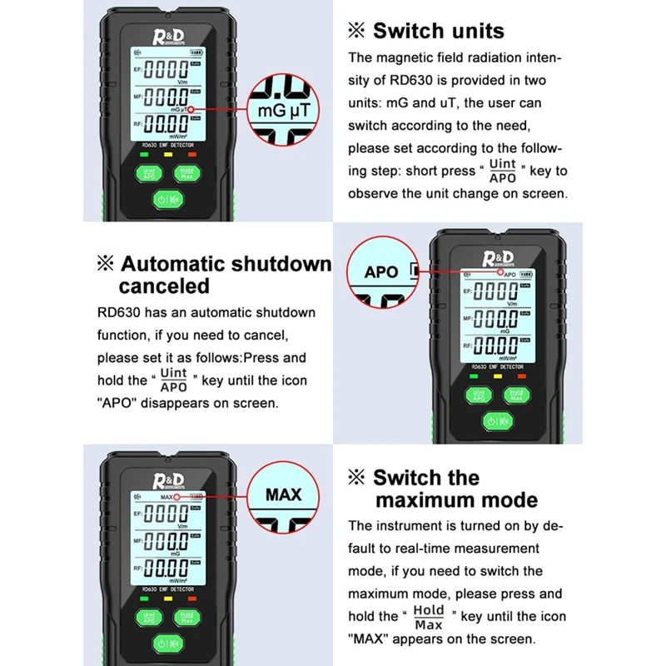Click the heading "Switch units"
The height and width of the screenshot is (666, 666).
click(x=438, y=32)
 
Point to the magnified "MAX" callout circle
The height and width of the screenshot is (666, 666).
click(x=283, y=495)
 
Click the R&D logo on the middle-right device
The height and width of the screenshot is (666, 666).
click(x=498, y=256)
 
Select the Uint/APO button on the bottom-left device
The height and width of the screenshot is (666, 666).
click(x=147, y=618)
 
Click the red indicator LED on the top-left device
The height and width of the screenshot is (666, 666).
click(x=191, y=154)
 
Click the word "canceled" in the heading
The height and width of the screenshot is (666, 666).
click(x=164, y=286)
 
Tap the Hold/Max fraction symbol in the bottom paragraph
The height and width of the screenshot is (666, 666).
click(x=429, y=617)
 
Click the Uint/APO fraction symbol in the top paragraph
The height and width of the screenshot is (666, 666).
click(x=502, y=171)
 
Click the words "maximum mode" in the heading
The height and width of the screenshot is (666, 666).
click(x=456, y=500)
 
